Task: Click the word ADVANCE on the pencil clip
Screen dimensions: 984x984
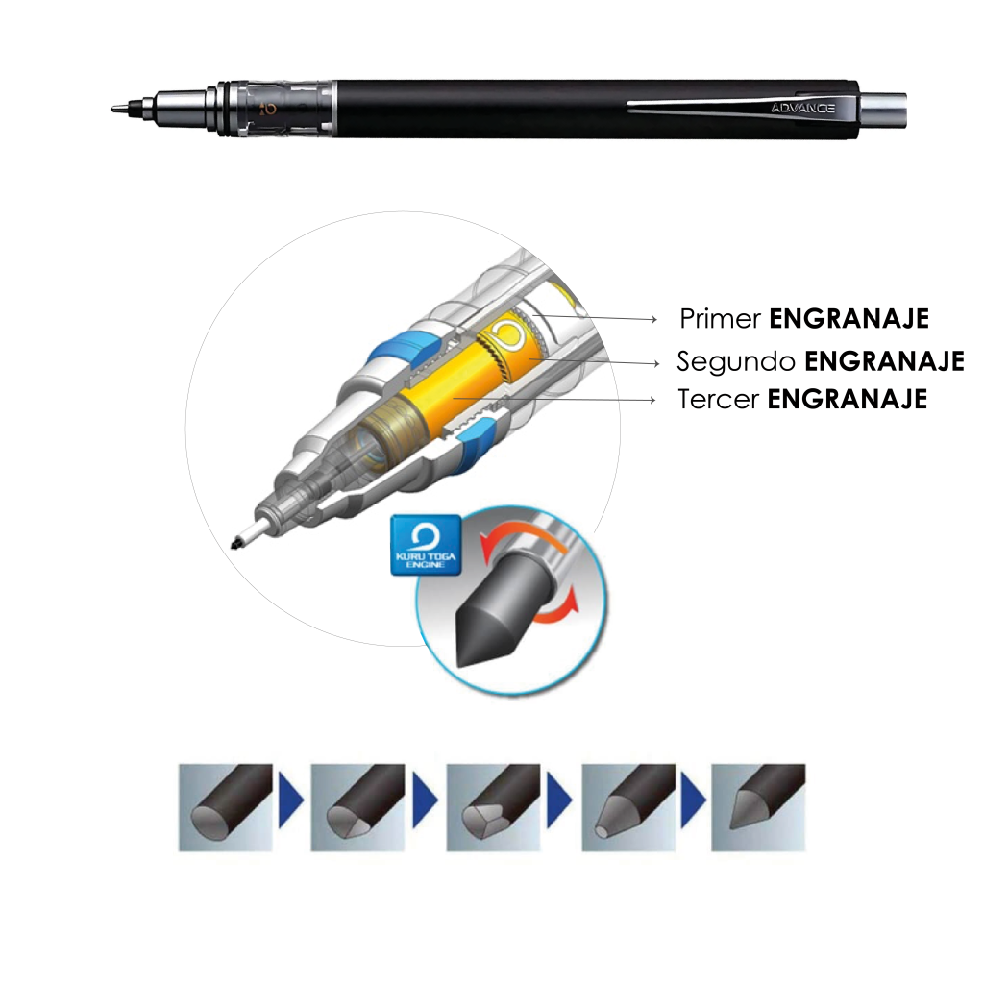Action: tap(802, 108)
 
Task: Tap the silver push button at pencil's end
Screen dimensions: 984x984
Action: tap(883, 110)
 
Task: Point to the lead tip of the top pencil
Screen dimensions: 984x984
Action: tap(115, 110)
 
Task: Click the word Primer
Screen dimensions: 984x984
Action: tap(721, 319)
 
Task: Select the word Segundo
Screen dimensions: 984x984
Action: tap(736, 361)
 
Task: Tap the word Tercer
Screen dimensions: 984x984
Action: tap(718, 399)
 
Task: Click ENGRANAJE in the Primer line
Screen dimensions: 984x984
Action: tap(849, 319)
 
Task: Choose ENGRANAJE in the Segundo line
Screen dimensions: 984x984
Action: tap(884, 361)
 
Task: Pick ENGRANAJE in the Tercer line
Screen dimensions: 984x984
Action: tap(848, 399)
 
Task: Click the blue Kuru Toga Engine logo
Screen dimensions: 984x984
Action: tap(426, 546)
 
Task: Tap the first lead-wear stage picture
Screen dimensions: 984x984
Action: tap(225, 807)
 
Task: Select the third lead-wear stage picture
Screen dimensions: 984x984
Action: tap(493, 807)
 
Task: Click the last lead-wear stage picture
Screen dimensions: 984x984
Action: tap(758, 807)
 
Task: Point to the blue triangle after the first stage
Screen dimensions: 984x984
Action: tap(290, 800)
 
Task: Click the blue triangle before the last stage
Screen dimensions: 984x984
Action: tap(693, 800)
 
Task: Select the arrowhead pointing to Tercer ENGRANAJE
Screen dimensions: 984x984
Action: tap(652, 400)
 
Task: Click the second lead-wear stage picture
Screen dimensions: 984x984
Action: tap(357, 807)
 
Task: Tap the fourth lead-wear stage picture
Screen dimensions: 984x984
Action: tap(628, 807)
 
